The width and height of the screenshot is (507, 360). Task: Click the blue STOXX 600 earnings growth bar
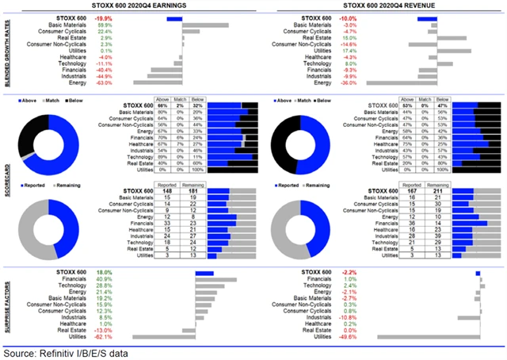174,17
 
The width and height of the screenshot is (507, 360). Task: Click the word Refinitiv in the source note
55,351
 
